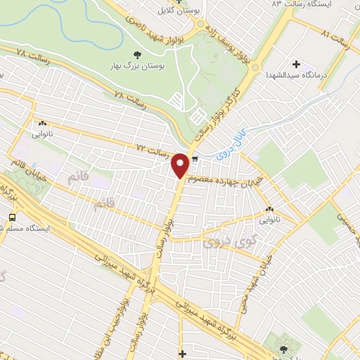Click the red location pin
(x=181, y=166)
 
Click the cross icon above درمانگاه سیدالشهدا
(x=296, y=64)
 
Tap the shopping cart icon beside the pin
(x=195, y=159)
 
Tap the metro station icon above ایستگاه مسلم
(x=12, y=227)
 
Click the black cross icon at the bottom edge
(x=183, y=353)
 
